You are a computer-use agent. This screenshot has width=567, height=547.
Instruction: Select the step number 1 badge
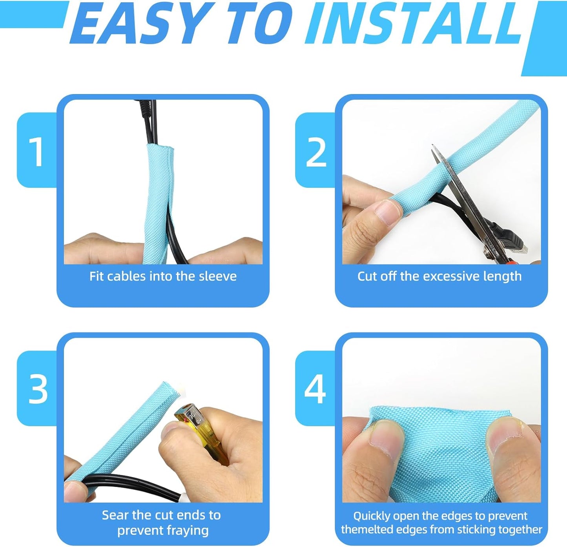[37, 151]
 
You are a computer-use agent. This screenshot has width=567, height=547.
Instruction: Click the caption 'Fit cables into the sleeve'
[163, 276]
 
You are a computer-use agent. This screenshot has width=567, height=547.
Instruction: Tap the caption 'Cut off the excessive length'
[439, 276]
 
